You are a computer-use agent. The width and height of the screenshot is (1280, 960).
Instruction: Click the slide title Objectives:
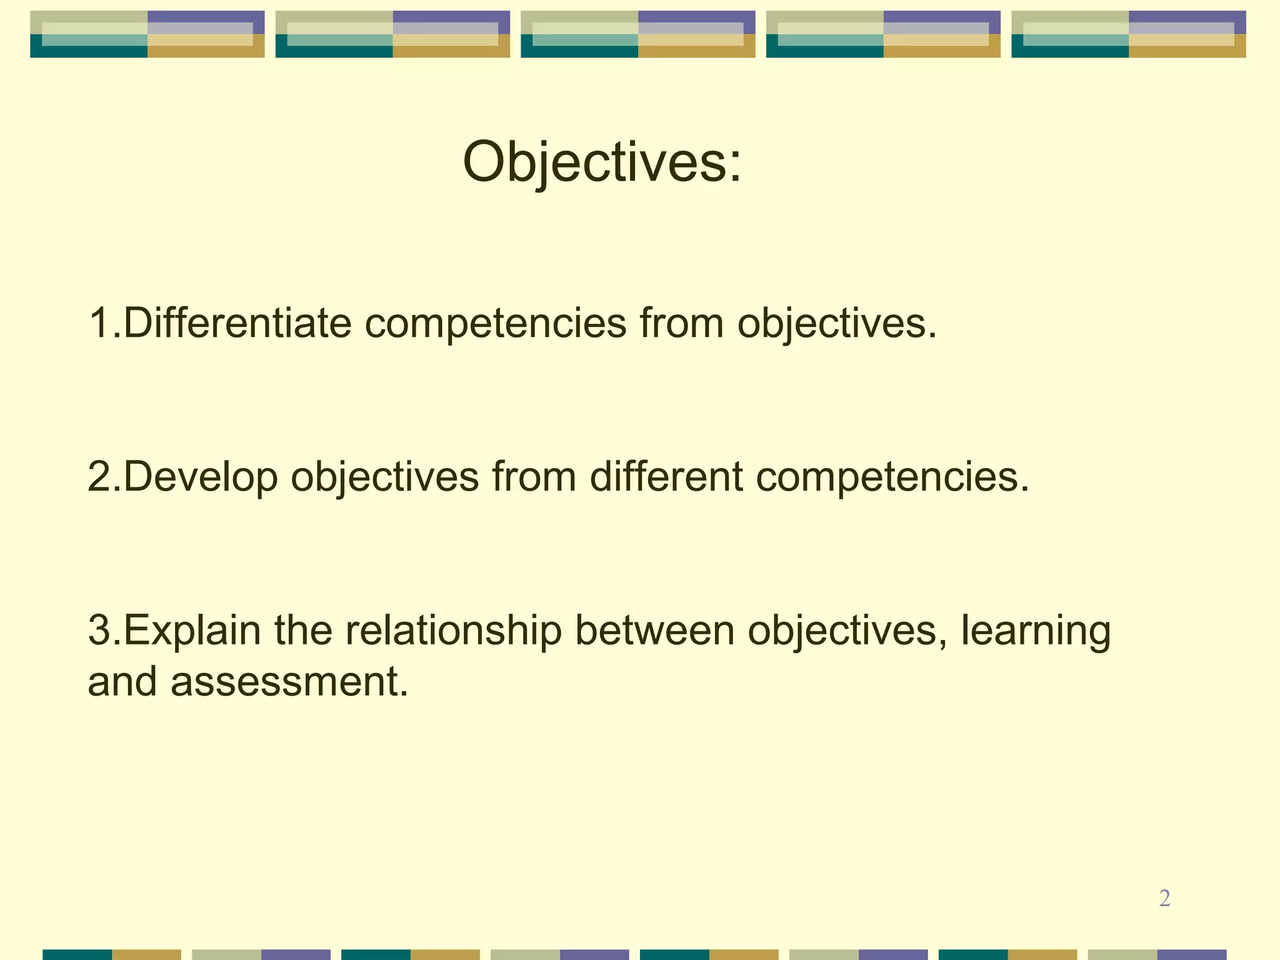[602, 162]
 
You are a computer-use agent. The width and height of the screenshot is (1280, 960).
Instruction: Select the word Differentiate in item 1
[237, 323]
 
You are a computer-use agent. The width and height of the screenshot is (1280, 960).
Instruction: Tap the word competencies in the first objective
[495, 324]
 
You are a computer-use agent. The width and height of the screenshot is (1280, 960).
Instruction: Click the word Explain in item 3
[192, 631]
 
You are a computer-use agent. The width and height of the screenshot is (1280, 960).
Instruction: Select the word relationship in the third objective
[453, 631]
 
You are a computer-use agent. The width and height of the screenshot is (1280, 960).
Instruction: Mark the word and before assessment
[122, 681]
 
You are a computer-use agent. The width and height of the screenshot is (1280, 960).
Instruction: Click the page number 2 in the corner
[1164, 898]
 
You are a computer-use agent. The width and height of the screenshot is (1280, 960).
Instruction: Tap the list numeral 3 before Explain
[99, 631]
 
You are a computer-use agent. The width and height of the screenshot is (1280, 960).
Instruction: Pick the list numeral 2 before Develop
[99, 477]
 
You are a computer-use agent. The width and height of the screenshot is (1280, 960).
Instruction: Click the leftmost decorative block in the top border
[147, 34]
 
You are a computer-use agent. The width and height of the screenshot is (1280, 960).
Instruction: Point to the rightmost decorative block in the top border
[1128, 34]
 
